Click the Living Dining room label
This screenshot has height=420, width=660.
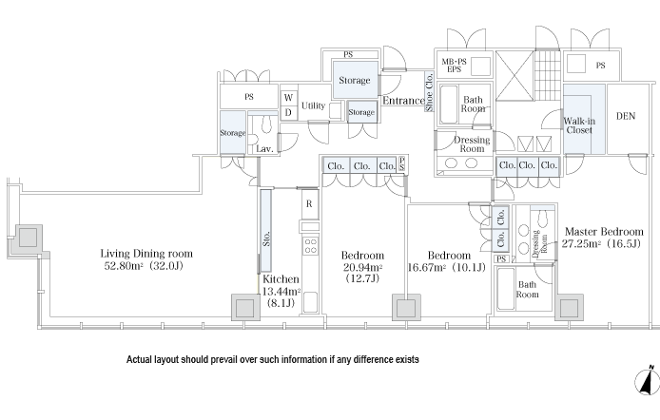point(146,254)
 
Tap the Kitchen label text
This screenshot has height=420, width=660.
point(280,278)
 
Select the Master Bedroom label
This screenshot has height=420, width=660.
point(604,231)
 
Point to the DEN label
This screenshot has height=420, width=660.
point(625,117)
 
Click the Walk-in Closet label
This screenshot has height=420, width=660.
point(578,126)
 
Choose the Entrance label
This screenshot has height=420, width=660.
point(402,101)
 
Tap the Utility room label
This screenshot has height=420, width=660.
point(313,105)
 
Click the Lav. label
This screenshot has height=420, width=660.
point(264,149)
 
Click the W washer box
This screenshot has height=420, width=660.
point(287,98)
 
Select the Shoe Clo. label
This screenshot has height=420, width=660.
point(430,98)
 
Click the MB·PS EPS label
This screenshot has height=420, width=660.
point(454,66)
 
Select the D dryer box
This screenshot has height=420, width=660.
point(287,112)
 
